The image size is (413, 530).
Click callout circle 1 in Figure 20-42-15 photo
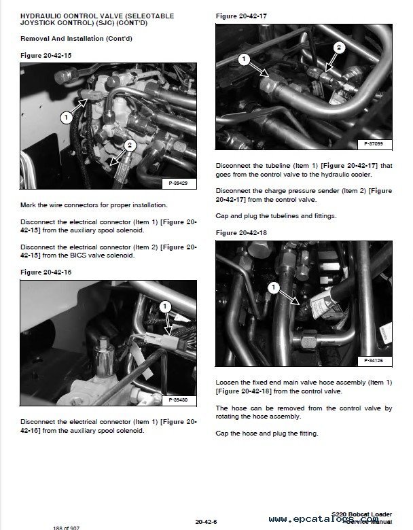(66, 117)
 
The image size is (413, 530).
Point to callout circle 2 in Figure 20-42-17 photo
(338, 47)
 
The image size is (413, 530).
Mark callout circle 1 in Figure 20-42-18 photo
(272, 287)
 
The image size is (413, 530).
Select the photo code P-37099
(373, 145)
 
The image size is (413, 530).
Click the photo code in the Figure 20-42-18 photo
(373, 359)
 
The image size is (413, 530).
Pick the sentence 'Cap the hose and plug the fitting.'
(266, 434)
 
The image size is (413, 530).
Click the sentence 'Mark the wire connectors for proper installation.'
(94, 205)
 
